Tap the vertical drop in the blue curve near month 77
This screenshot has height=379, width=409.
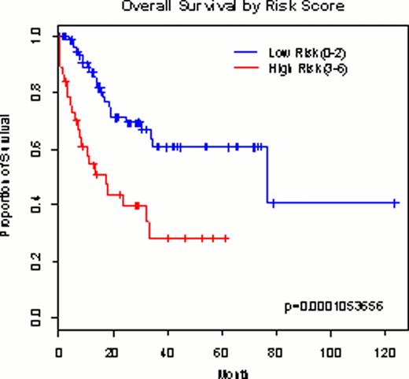(x=267, y=175)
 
